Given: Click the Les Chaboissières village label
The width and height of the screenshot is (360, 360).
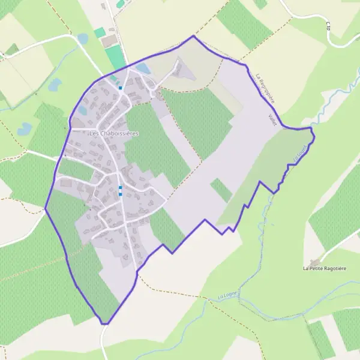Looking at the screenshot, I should point(113,133).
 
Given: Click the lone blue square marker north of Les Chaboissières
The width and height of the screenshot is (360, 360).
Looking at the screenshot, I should point(121,88).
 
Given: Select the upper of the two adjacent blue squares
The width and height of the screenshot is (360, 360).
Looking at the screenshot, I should point(121,188).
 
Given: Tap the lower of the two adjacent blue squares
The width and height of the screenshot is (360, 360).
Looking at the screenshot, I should point(121,194).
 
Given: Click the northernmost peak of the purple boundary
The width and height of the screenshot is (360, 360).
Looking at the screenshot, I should point(193,36).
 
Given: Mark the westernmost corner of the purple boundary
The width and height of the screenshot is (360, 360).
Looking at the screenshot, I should point(45,209).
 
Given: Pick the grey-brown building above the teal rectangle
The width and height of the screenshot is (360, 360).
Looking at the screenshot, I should point(109,40).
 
